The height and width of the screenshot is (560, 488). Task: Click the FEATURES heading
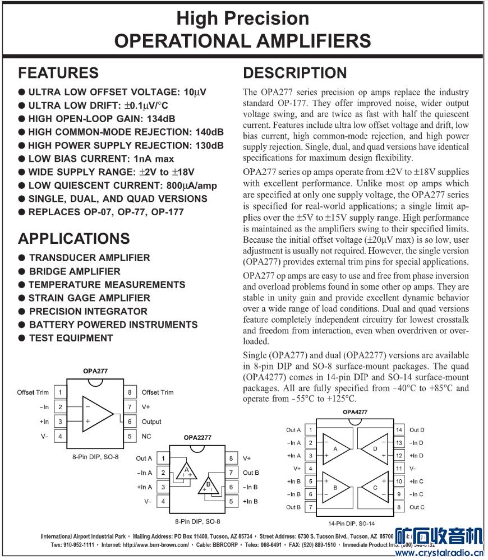(58, 73)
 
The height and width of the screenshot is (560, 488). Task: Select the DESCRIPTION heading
(294, 73)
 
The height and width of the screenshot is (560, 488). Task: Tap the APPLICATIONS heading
(73, 238)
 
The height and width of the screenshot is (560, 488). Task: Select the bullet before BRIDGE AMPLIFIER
(22, 271)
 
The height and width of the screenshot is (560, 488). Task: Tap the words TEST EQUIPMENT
(71, 338)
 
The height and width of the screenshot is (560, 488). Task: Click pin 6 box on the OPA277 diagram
(129, 422)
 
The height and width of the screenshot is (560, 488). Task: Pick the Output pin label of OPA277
(151, 422)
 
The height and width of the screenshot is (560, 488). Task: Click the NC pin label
(146, 436)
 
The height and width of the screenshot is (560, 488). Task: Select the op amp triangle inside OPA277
(96, 414)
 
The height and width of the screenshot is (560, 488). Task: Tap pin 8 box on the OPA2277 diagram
(230, 459)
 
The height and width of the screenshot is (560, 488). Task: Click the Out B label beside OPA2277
(251, 473)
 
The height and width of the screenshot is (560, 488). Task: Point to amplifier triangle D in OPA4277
(374, 448)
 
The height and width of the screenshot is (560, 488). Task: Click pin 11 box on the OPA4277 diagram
(399, 468)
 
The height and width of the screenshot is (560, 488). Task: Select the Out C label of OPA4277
(417, 507)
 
